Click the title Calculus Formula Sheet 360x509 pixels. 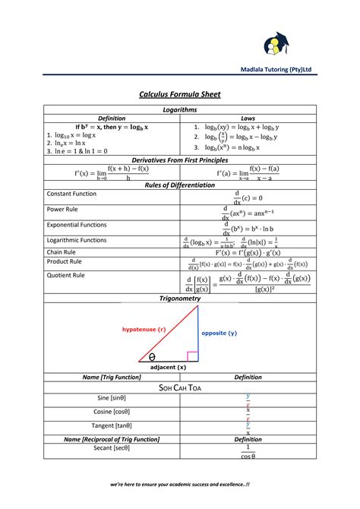pyautogui.click(x=179, y=94)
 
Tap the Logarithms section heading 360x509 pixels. pyautogui.click(x=179, y=110)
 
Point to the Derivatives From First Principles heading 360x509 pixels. pyautogui.click(x=179, y=160)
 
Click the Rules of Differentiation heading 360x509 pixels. pyautogui.click(x=179, y=185)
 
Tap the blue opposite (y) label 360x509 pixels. pyautogui.click(x=219, y=333)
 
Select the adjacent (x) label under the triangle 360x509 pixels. pyautogui.click(x=168, y=367)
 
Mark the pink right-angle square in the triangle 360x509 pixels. pyautogui.click(x=192, y=356)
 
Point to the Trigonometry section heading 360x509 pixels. pyautogui.click(x=179, y=299)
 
